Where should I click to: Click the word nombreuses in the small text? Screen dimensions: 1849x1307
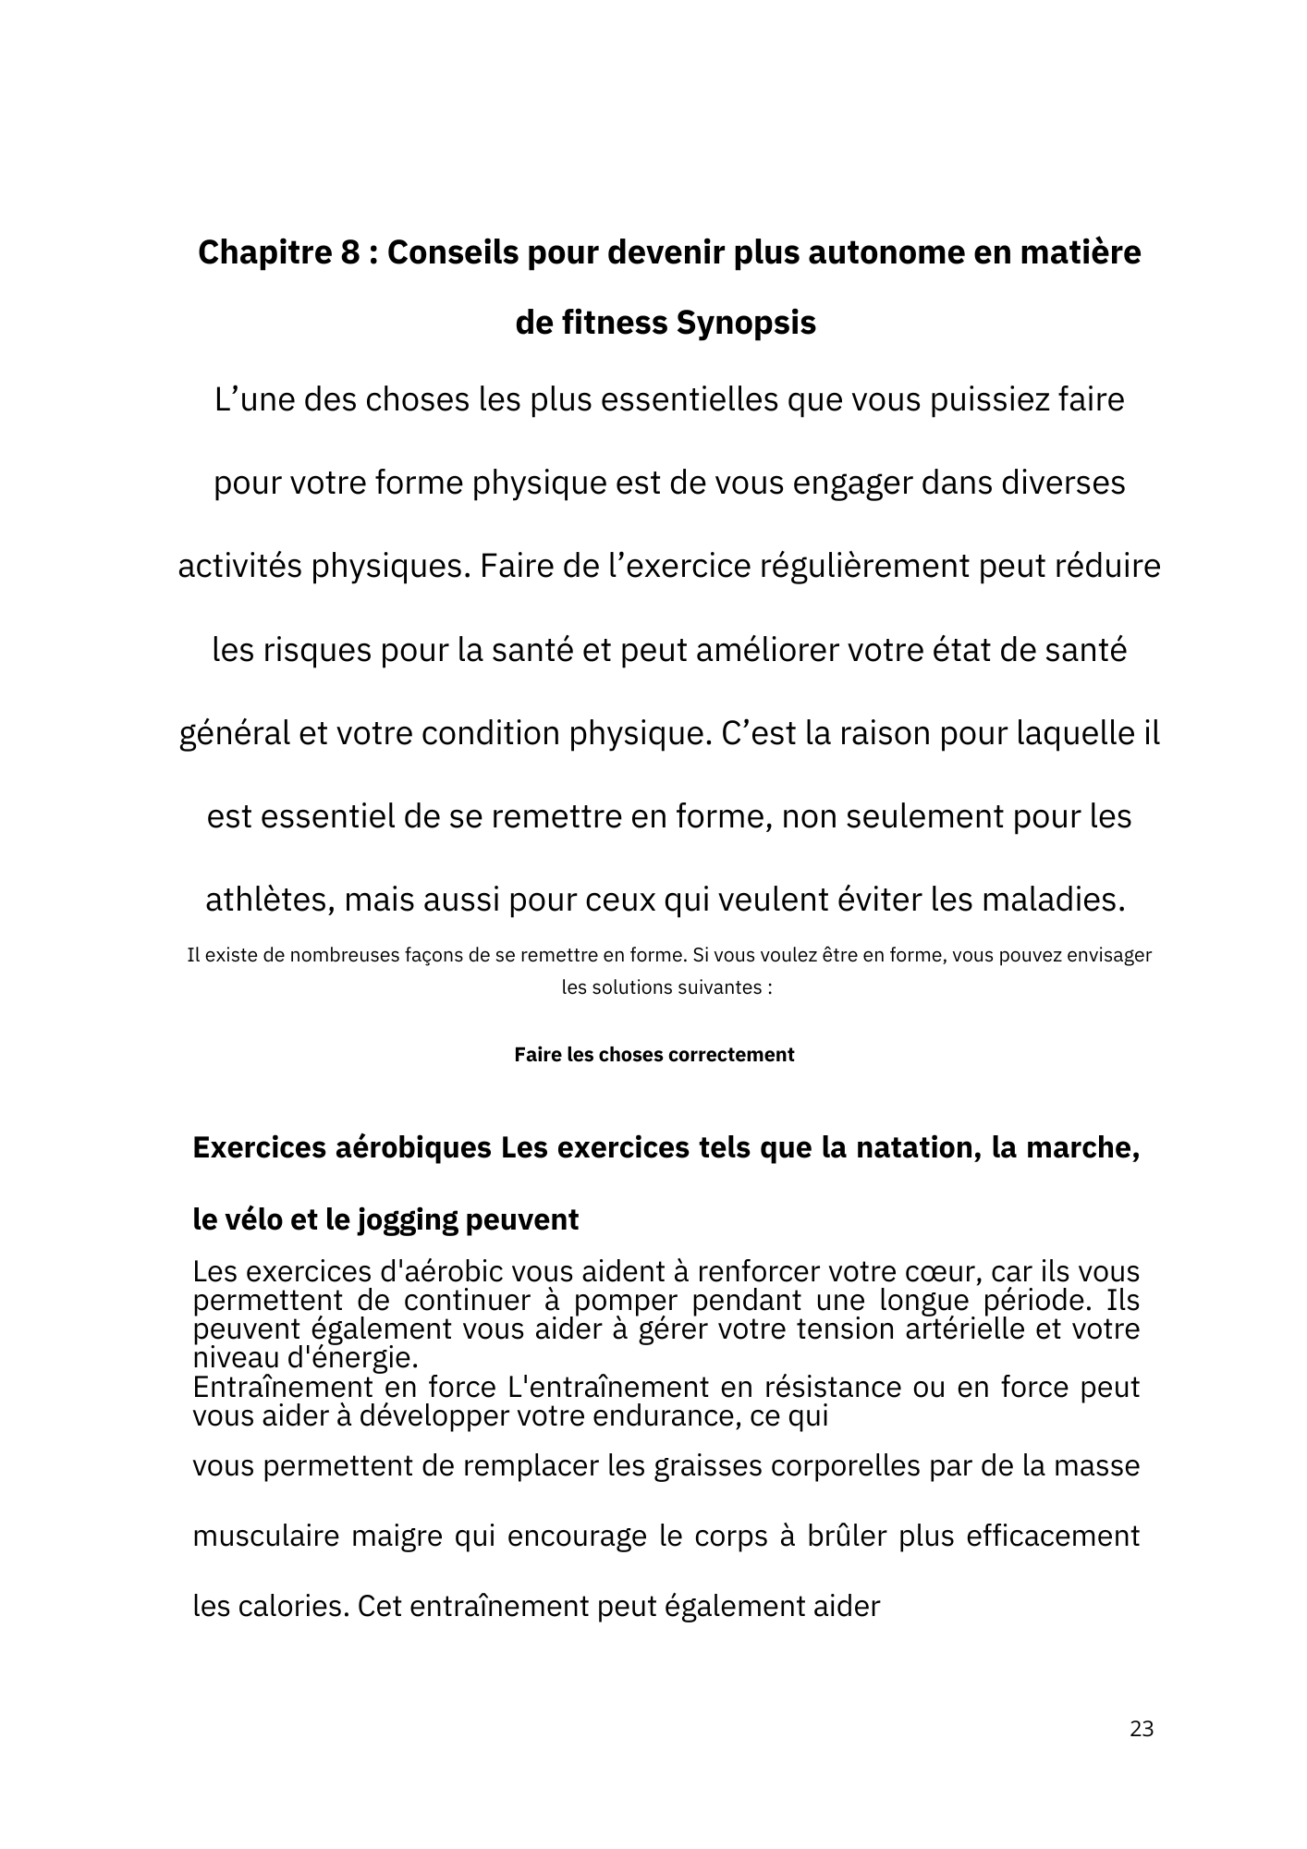344,955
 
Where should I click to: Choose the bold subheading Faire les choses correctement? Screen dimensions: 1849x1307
653,1055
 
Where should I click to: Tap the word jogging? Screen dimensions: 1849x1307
401,1220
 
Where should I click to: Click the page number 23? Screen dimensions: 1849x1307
1142,1730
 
